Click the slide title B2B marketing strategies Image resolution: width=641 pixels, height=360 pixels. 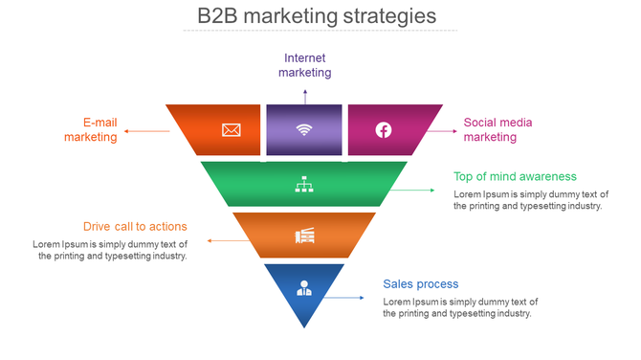point(317,16)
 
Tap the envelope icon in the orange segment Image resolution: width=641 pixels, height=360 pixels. point(231,129)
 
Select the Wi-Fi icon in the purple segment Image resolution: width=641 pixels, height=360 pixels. point(304,129)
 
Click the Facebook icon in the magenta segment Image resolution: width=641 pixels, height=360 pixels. point(383,129)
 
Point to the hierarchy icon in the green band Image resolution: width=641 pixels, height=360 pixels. point(304,185)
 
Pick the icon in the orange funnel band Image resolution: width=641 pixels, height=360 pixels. point(304,236)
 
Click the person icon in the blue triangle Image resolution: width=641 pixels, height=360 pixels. point(304,286)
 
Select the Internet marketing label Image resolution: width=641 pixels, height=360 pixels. point(305,65)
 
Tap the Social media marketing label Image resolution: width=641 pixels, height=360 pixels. point(497,129)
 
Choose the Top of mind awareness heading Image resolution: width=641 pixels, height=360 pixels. point(515,176)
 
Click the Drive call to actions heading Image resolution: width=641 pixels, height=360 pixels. point(135,227)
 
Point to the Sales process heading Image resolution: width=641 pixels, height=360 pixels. point(421,284)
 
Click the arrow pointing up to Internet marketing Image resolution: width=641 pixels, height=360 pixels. point(305,95)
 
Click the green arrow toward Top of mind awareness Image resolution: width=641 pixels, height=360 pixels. point(411,191)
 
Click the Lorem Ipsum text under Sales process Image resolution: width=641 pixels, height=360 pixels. point(460,307)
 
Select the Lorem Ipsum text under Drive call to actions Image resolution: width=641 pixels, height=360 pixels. point(110,250)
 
